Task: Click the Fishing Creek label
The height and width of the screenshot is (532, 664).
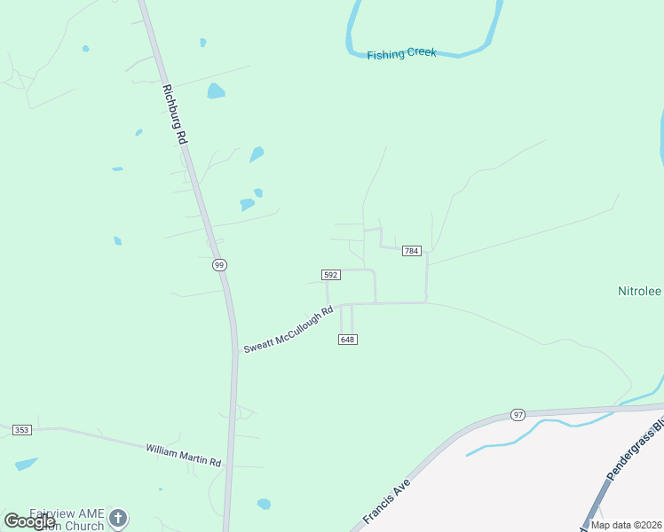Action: point(401,54)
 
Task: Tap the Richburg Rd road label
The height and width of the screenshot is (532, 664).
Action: point(174,114)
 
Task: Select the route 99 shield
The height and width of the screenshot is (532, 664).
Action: point(219,264)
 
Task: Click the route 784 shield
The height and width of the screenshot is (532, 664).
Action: point(411,252)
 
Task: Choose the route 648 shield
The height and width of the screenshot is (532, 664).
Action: point(348,340)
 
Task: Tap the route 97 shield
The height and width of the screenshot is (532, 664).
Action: point(518,415)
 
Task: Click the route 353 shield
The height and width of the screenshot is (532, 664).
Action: point(22,430)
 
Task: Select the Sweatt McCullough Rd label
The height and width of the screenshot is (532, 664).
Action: point(288,329)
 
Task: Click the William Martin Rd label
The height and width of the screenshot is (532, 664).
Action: point(183,456)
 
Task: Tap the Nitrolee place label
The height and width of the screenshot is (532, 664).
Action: point(640,291)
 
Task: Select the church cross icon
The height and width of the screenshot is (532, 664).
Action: point(118,517)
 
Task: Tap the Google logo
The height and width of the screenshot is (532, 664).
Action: point(29,521)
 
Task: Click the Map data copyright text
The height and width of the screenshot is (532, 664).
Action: point(625,525)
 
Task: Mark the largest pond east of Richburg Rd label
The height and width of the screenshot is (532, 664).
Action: point(216,90)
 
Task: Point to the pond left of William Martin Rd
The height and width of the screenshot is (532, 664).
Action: point(26,464)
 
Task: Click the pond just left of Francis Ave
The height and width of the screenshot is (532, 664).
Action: point(264,504)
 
